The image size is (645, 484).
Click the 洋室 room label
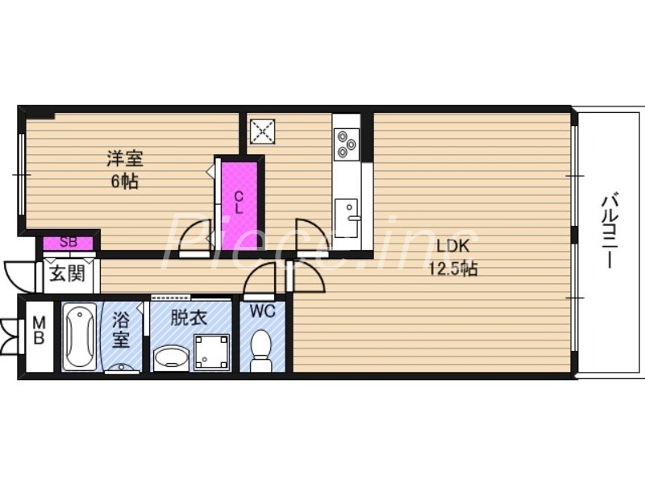click(123, 158)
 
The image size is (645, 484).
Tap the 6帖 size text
click(123, 181)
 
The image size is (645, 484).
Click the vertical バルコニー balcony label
click(610, 231)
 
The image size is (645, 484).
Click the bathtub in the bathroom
click(80, 336)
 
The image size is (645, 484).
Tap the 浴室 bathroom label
click(121, 328)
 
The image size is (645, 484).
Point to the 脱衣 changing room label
click(188, 318)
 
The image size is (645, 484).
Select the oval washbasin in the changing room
click(170, 357)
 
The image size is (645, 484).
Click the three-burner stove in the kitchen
click(347, 143)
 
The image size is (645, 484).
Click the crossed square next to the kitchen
click(262, 131)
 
